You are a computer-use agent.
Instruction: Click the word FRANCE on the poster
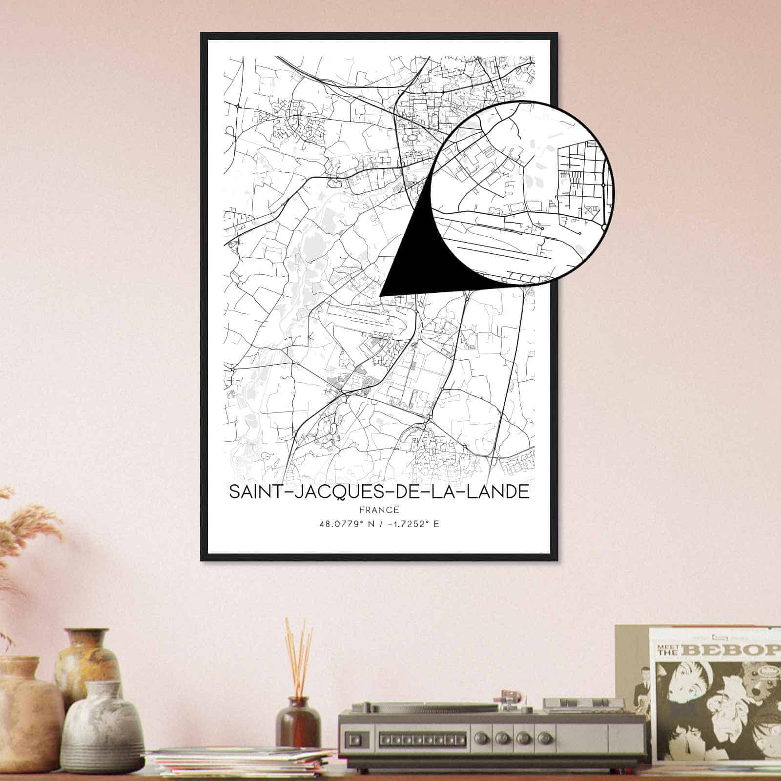coord(379,510)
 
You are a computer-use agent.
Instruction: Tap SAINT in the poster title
coord(253,492)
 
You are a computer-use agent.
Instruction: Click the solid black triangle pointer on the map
coord(415,264)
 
